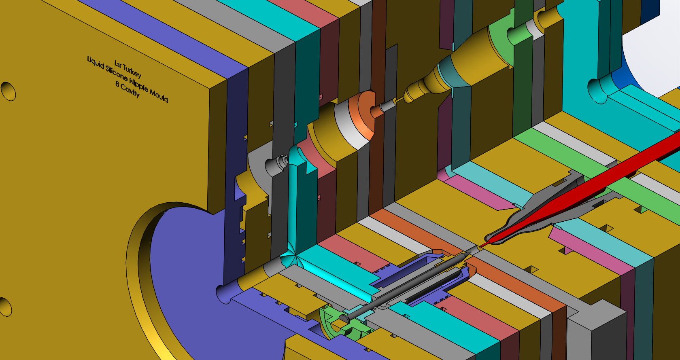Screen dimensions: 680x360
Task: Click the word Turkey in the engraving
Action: (x=132, y=71)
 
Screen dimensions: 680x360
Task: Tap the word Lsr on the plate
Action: (x=118, y=63)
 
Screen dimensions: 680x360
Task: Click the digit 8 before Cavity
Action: (x=117, y=85)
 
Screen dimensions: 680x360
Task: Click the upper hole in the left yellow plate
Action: (x=8, y=91)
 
